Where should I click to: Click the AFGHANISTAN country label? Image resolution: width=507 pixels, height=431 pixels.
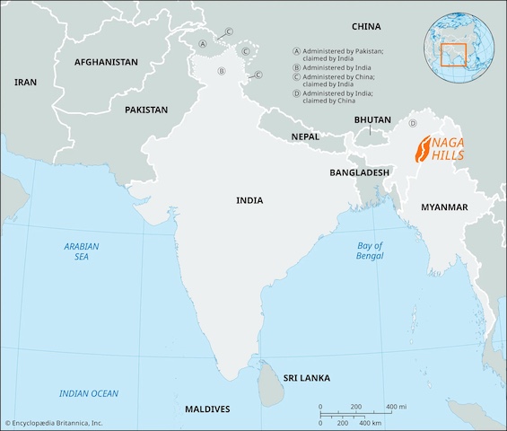click(x=106, y=62)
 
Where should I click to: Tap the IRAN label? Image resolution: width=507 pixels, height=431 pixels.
click(x=25, y=82)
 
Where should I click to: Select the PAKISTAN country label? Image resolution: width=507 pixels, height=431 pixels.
click(x=146, y=110)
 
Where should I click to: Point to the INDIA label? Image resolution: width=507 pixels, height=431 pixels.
click(x=249, y=200)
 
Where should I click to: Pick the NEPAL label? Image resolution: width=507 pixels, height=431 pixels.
click(x=304, y=136)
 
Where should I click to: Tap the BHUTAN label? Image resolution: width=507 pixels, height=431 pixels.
click(x=372, y=119)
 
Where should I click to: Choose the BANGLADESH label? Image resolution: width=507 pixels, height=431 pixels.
click(x=359, y=172)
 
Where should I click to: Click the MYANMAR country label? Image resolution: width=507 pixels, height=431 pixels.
click(x=444, y=207)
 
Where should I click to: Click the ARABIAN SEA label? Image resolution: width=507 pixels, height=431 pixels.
click(x=82, y=251)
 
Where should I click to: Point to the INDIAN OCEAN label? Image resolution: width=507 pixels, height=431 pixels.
click(x=89, y=393)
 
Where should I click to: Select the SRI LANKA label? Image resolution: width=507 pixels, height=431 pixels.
click(x=308, y=378)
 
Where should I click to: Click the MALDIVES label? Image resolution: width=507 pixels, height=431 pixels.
click(x=207, y=409)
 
